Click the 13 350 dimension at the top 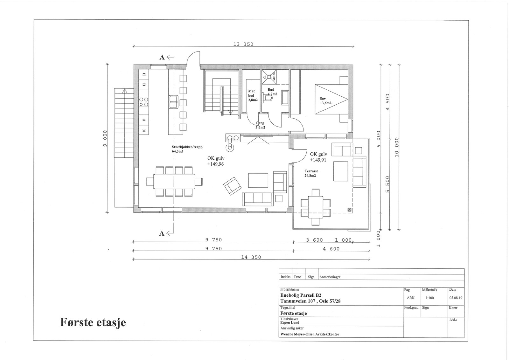243,44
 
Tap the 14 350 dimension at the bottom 251,257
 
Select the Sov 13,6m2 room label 325,101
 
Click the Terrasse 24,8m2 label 311,173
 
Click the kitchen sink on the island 173,102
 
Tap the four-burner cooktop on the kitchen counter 144,102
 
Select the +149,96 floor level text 215,164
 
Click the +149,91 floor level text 318,160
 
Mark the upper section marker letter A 162,57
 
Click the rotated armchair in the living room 232,186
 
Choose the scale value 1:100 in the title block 429,298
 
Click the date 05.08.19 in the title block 456,298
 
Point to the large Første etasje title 93,322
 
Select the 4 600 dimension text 331,249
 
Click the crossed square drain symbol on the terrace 349,210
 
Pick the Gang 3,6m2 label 260,125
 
